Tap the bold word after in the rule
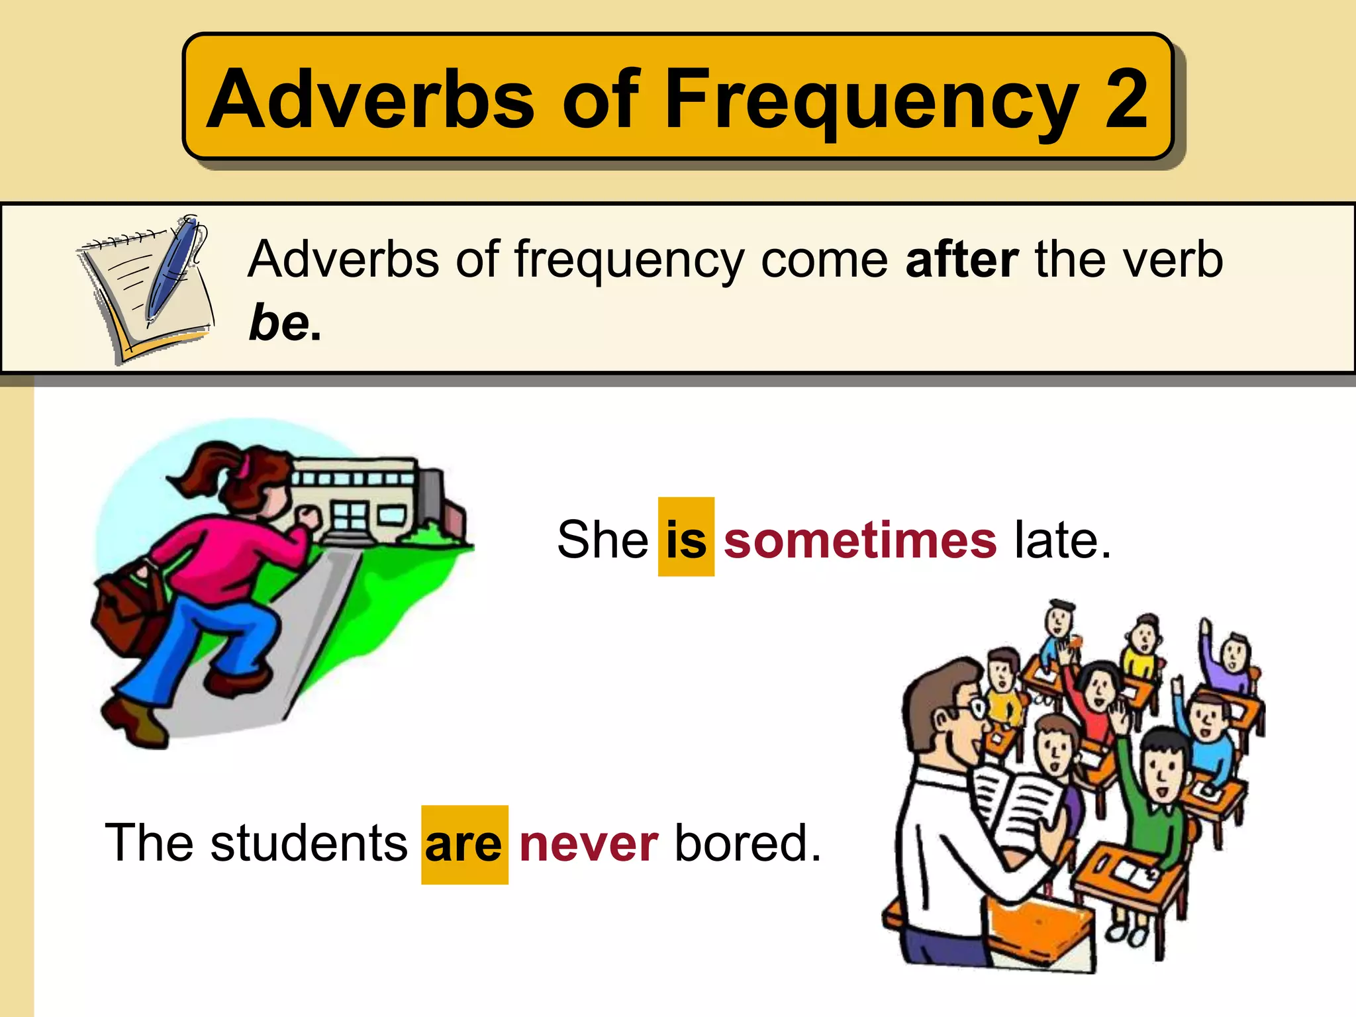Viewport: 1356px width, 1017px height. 961,260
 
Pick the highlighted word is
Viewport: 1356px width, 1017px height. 686,539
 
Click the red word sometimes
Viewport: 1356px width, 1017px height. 859,540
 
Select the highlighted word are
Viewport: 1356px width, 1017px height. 463,845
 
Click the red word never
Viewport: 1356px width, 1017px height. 589,845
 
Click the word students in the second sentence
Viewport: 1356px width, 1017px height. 309,844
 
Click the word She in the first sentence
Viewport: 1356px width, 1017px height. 602,539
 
